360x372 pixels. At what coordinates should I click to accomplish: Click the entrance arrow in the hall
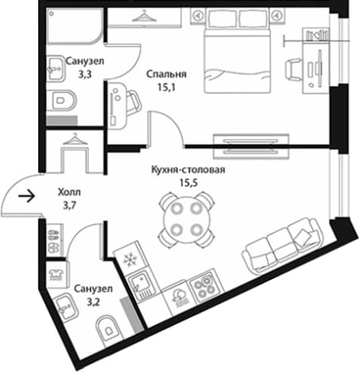[27, 196]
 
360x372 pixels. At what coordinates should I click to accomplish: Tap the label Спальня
[166, 74]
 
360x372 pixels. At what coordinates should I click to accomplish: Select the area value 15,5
[188, 183]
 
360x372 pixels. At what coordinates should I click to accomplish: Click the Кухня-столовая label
[188, 169]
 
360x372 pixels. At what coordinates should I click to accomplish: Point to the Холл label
[69, 192]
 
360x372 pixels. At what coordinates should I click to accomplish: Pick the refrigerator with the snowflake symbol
[130, 258]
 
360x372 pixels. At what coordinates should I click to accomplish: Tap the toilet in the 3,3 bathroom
[61, 101]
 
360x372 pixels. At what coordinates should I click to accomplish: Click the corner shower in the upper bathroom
[75, 25]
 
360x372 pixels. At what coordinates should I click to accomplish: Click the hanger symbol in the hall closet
[75, 140]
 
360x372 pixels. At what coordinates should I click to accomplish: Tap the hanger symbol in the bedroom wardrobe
[145, 16]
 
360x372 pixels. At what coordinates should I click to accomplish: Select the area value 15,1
[167, 87]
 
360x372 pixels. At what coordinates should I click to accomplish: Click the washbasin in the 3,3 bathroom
[56, 68]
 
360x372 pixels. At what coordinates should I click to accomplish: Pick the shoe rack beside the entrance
[55, 240]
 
